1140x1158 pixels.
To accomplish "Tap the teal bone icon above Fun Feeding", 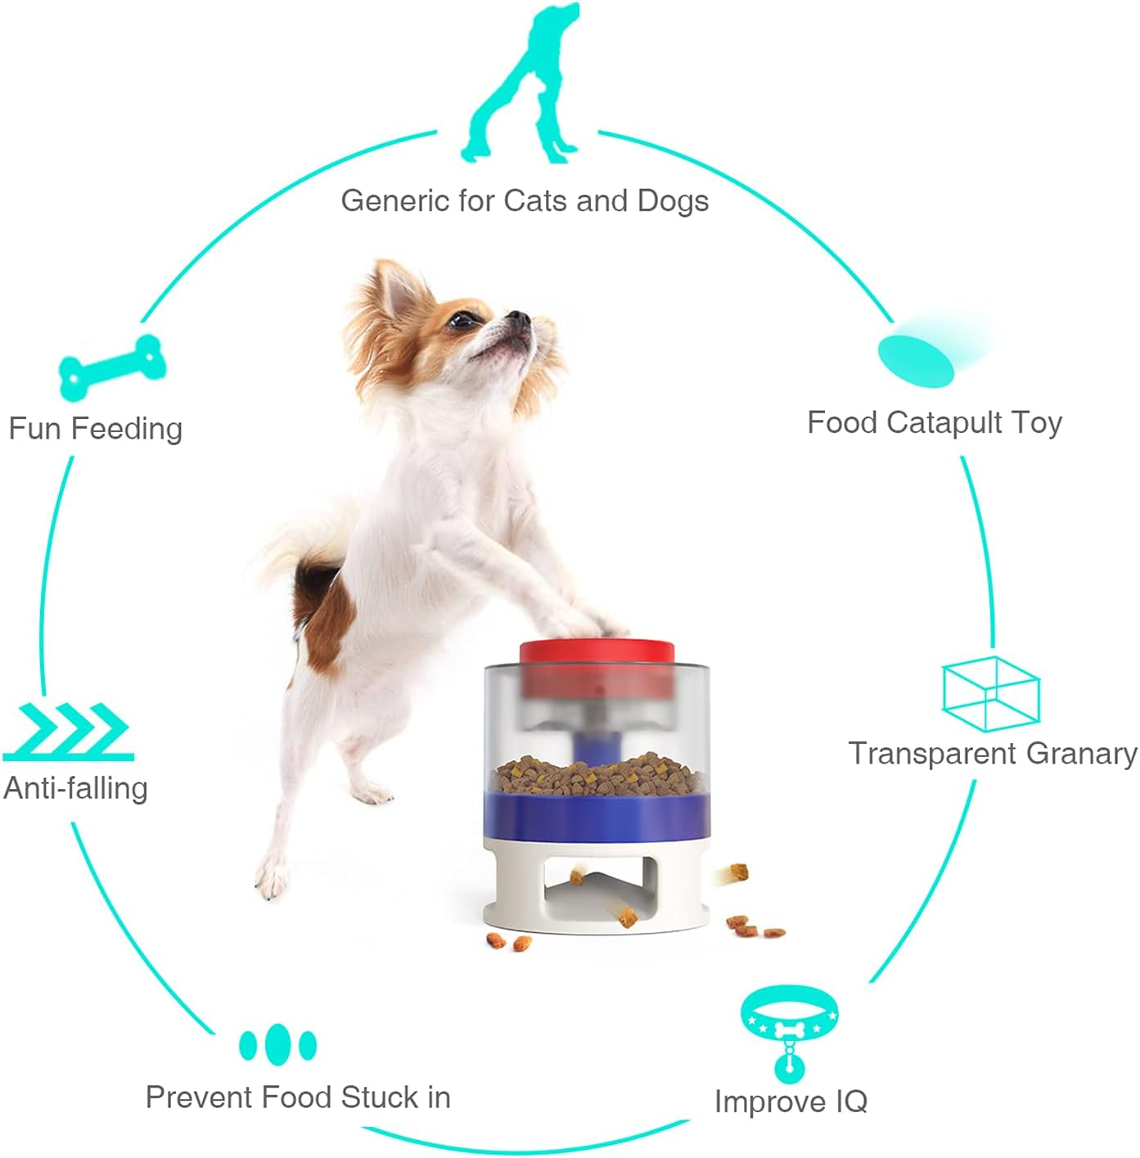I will click(x=112, y=367).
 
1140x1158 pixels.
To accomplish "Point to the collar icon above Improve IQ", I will click(x=789, y=1023).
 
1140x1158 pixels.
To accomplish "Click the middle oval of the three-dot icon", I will click(x=278, y=1043).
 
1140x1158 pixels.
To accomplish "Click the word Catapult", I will click(x=944, y=422).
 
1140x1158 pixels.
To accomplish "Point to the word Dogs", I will click(x=673, y=201).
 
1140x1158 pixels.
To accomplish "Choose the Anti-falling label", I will click(x=75, y=788).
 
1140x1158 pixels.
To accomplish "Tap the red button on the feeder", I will click(x=597, y=653).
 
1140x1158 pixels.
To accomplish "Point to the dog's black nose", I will click(x=516, y=317).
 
